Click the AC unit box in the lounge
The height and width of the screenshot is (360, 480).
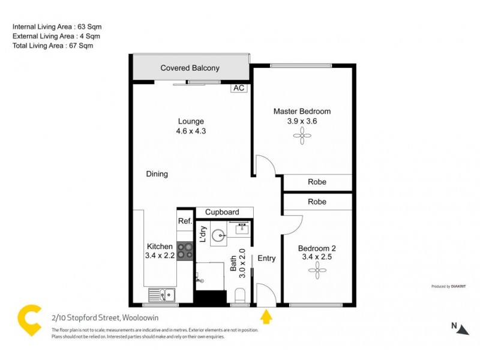coord(239,88)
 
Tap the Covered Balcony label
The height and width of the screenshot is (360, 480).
coord(190,68)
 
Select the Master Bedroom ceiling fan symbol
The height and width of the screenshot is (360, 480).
coord(299,137)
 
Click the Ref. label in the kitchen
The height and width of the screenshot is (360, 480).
coord(185,221)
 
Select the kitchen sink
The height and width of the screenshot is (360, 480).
coord(163,295)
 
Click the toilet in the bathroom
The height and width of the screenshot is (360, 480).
coord(241,295)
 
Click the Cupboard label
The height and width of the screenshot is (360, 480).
coord(222,212)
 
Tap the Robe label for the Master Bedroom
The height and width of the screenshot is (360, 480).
coord(317,182)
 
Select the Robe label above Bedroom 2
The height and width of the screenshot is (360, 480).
coord(317,202)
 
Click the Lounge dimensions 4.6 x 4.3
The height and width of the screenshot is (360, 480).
coord(191,131)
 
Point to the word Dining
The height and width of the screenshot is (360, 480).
coord(157,175)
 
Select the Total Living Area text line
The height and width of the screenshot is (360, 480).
coord(53,46)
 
